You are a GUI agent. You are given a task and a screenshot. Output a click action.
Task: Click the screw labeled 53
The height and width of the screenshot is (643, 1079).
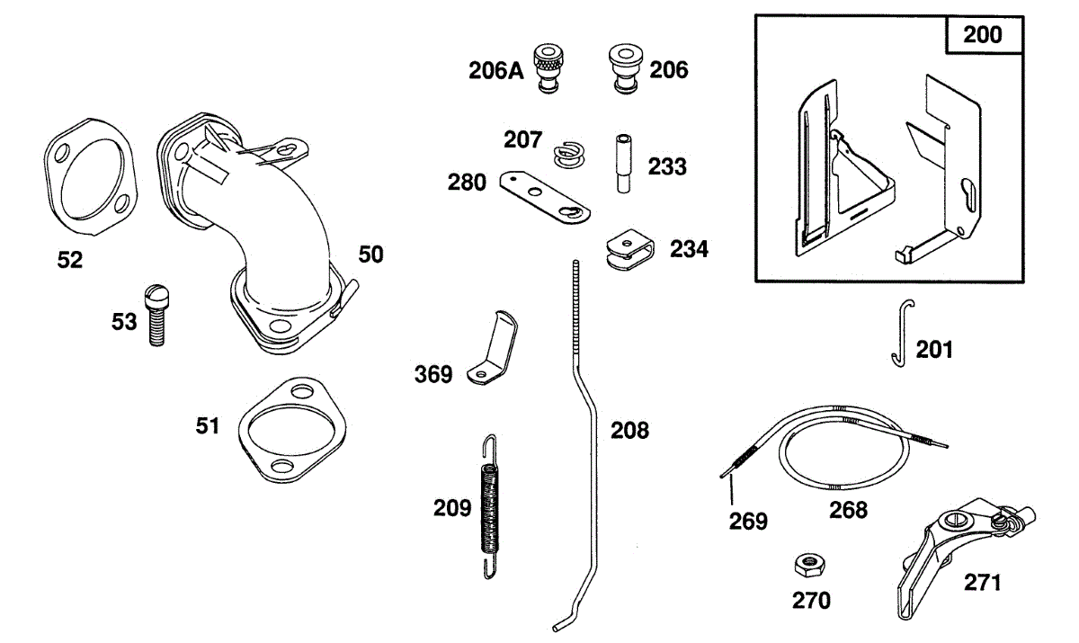156,314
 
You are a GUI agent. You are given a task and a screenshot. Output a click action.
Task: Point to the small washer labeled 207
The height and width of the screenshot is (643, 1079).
568,153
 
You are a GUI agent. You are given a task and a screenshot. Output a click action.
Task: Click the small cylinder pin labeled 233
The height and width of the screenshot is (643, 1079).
620,162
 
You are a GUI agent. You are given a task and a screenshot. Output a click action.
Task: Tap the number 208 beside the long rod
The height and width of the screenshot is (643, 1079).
629,430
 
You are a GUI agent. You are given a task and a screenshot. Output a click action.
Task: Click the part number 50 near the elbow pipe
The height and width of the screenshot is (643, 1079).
370,255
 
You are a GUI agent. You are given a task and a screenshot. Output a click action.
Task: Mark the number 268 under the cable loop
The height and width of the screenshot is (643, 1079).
848,510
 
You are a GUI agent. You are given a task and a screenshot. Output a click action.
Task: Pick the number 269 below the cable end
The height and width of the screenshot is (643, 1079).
748,520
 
